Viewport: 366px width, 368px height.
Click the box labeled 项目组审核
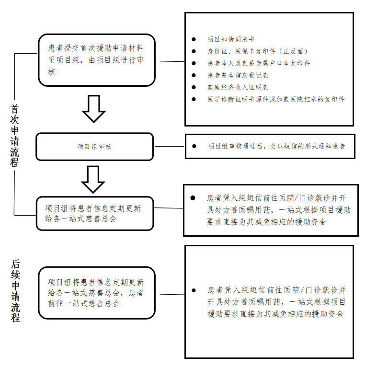95,147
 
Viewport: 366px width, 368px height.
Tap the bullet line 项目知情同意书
230,39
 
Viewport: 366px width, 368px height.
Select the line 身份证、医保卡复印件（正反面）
257,51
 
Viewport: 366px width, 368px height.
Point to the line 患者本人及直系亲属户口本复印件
259,63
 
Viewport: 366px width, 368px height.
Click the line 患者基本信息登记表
238,75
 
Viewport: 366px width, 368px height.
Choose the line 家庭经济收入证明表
238,87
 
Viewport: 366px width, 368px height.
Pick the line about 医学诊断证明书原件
276,99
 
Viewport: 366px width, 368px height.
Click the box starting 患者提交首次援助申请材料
97,60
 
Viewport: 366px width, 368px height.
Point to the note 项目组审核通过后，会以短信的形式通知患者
276,146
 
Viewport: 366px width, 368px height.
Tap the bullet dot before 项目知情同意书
194,39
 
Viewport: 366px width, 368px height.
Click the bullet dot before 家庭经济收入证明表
194,87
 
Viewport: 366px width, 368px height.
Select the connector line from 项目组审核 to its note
170,147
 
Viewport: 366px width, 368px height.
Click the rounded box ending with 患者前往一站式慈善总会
97,293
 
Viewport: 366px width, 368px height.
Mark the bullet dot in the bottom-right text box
194,290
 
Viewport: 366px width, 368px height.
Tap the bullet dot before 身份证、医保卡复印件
194,51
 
